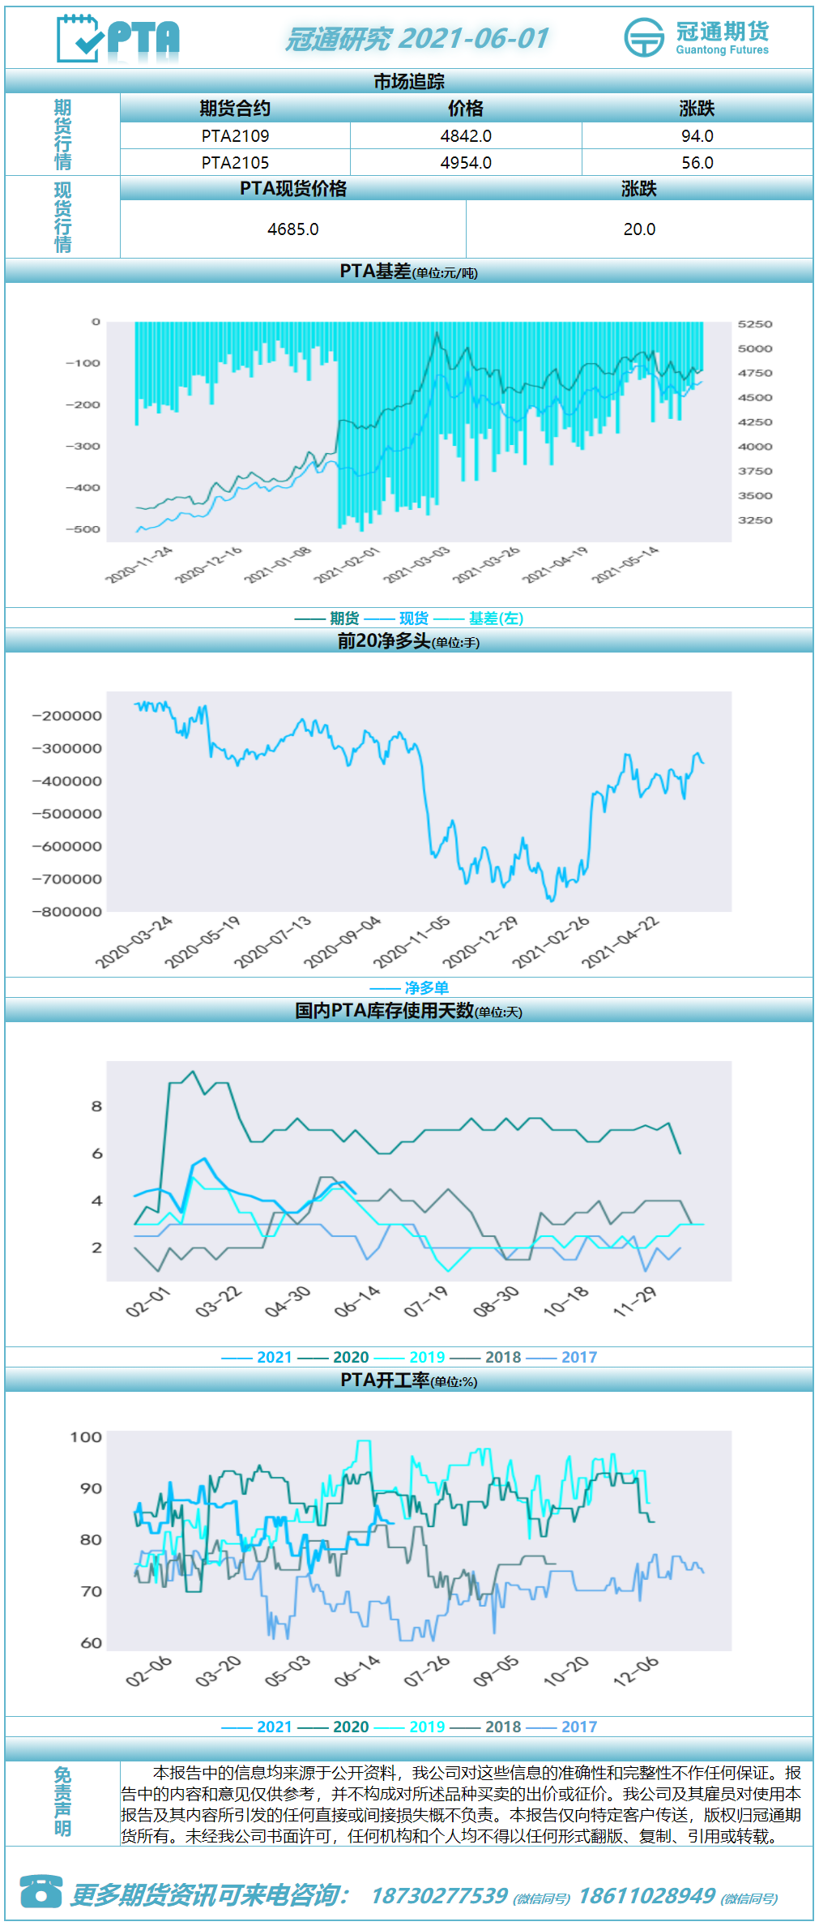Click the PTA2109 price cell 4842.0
point(466,136)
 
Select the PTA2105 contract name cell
point(235,163)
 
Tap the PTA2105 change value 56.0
point(697,163)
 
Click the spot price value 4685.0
point(293,229)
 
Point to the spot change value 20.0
point(639,229)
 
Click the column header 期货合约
point(235,109)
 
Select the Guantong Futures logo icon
point(644,37)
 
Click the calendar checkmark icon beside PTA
point(79,38)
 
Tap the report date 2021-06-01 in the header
point(474,38)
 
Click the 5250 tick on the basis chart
point(755,324)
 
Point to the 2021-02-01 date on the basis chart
point(347,565)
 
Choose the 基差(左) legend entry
point(496,618)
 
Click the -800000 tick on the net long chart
point(67,912)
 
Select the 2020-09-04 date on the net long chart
point(342,943)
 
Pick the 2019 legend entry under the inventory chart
point(427,1358)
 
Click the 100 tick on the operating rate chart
point(86,1437)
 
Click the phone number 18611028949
point(646,1896)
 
